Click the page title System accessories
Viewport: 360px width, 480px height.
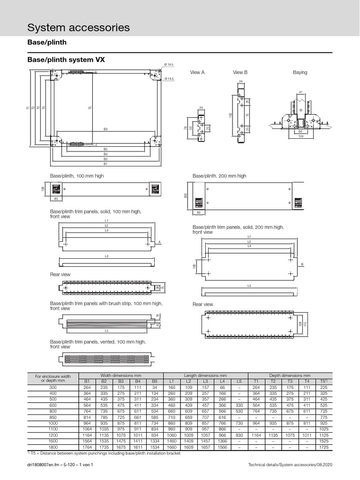[x=79, y=28]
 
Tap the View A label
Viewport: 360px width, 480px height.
[x=197, y=73]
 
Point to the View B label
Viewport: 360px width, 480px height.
[x=240, y=73]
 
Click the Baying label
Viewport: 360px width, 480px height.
[x=300, y=73]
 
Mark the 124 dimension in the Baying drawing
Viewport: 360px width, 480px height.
[x=301, y=136]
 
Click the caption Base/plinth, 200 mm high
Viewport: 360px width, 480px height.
[x=219, y=176]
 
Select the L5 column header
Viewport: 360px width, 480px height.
[x=239, y=381]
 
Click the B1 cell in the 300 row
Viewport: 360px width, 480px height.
[x=87, y=387]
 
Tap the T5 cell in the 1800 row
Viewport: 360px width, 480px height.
[x=323, y=448]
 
